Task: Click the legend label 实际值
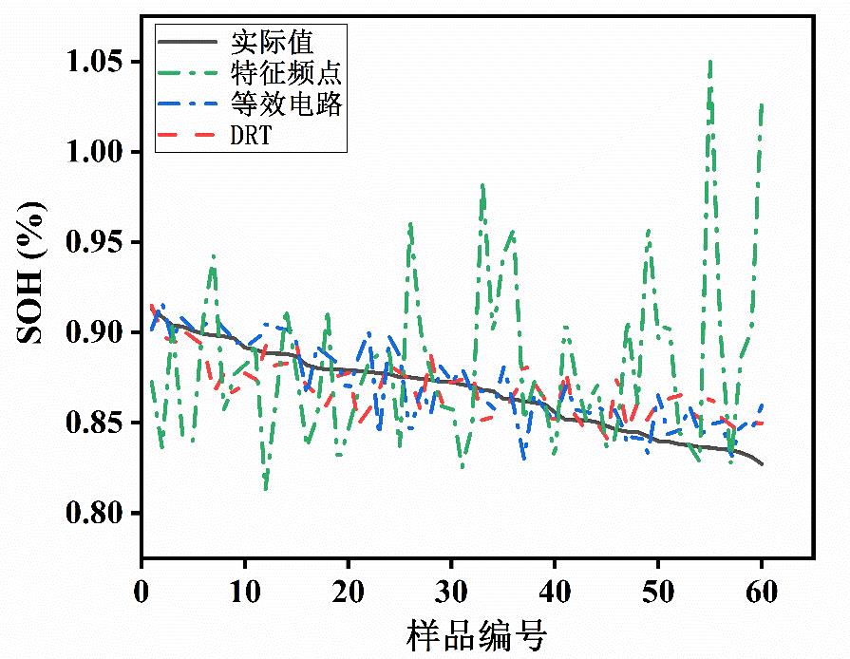click(x=272, y=42)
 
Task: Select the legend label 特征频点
click(x=286, y=73)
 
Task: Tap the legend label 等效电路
click(x=286, y=104)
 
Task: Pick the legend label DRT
click(x=251, y=135)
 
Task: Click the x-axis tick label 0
click(x=141, y=593)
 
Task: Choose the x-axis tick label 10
click(x=245, y=593)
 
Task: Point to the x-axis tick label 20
click(x=349, y=593)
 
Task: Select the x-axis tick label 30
click(x=452, y=593)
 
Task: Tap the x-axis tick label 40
click(x=556, y=593)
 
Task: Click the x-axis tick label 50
click(x=659, y=593)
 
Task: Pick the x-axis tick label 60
click(x=763, y=593)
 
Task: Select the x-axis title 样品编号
click(x=478, y=634)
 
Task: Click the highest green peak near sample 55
click(x=709, y=62)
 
